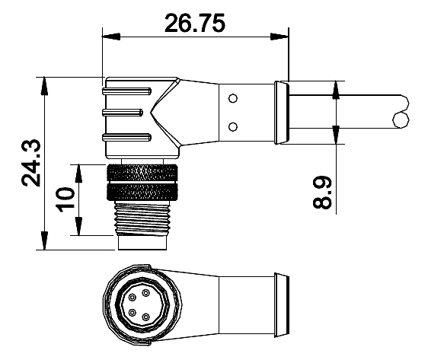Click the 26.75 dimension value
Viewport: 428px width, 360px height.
[x=195, y=23]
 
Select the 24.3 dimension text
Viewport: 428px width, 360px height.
[x=31, y=163]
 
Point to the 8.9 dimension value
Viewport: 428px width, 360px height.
[x=322, y=193]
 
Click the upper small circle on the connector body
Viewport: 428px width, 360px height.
[x=233, y=98]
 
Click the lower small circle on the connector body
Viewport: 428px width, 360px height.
[x=233, y=127]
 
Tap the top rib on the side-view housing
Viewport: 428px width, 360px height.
[x=126, y=91]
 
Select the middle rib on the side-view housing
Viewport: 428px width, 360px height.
[x=123, y=112]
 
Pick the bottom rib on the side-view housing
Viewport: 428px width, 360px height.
[x=126, y=137]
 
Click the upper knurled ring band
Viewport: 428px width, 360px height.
[x=142, y=172]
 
